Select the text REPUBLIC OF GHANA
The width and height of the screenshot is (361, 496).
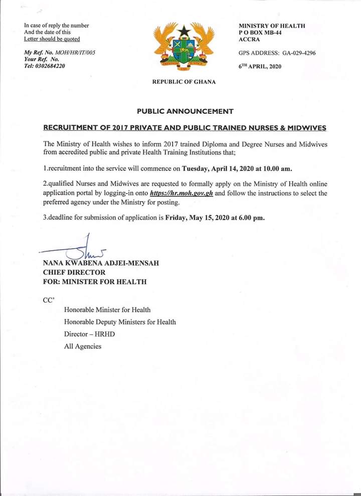pos(184,82)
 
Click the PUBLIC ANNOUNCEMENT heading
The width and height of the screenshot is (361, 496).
pos(185,111)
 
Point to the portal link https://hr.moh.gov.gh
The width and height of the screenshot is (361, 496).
pos(182,193)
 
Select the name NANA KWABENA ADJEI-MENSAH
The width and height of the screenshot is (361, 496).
pos(101,263)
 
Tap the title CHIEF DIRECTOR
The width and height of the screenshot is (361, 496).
pos(74,272)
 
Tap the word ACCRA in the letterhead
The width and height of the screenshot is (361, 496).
pos(249,40)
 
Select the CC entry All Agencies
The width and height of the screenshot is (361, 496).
pos(82,346)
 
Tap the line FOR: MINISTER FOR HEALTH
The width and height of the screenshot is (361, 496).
pos(95,282)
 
